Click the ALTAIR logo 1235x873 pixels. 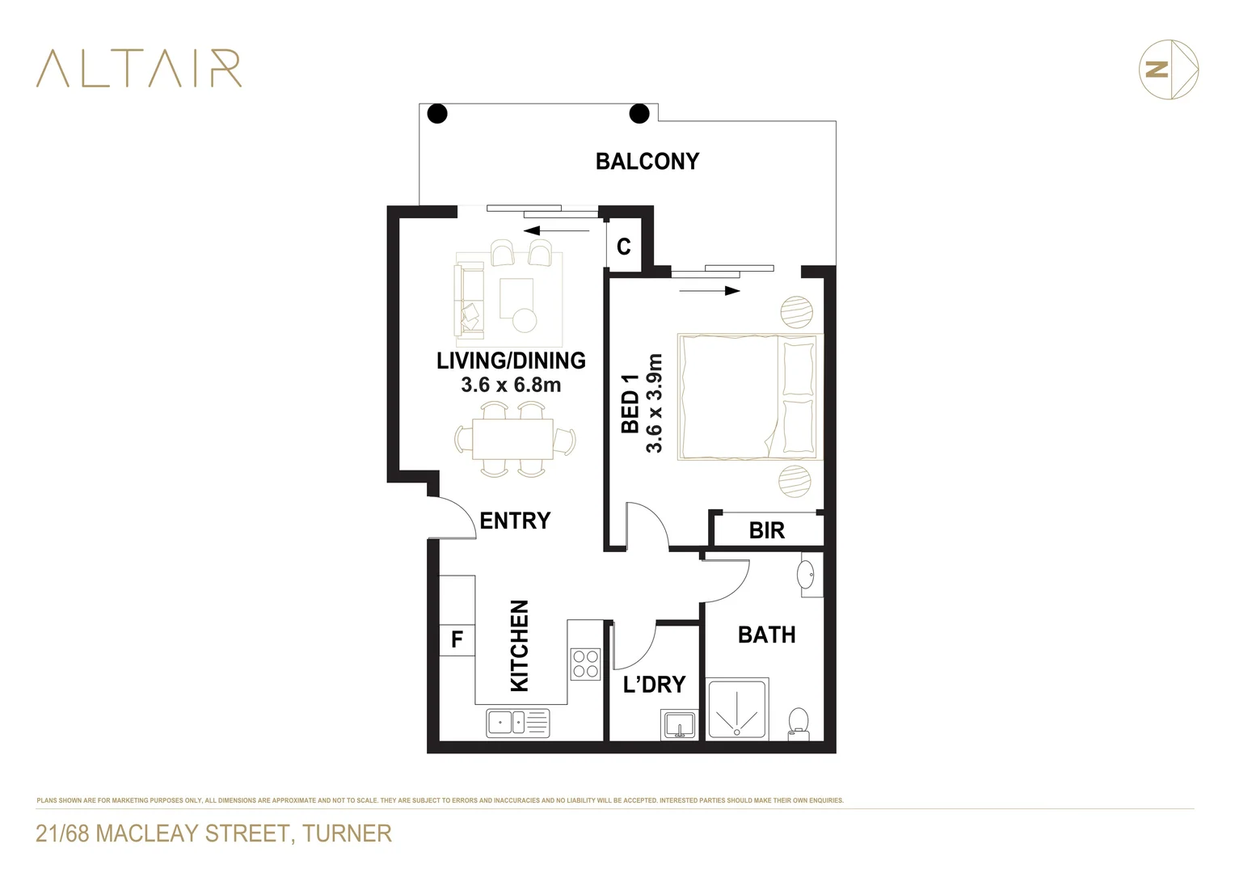pos(138,68)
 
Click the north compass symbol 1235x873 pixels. pos(1168,70)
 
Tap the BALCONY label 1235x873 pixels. pos(647,162)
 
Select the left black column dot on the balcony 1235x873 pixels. pos(437,113)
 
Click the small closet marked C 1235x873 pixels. pos(623,247)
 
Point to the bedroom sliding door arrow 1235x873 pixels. pos(710,291)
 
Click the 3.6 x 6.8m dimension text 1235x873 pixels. pos(511,386)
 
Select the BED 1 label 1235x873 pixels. pos(630,403)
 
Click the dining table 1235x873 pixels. pos(513,439)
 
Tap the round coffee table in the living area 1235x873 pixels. pos(525,321)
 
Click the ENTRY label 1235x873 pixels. pos(515,521)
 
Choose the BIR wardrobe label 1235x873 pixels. pos(766,530)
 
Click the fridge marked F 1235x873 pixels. pos(457,640)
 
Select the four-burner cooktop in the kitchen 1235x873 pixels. pos(586,664)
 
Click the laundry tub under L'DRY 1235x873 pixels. pos(679,725)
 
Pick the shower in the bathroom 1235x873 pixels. pos(736,710)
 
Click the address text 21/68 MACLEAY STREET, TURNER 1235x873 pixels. pos(213,833)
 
